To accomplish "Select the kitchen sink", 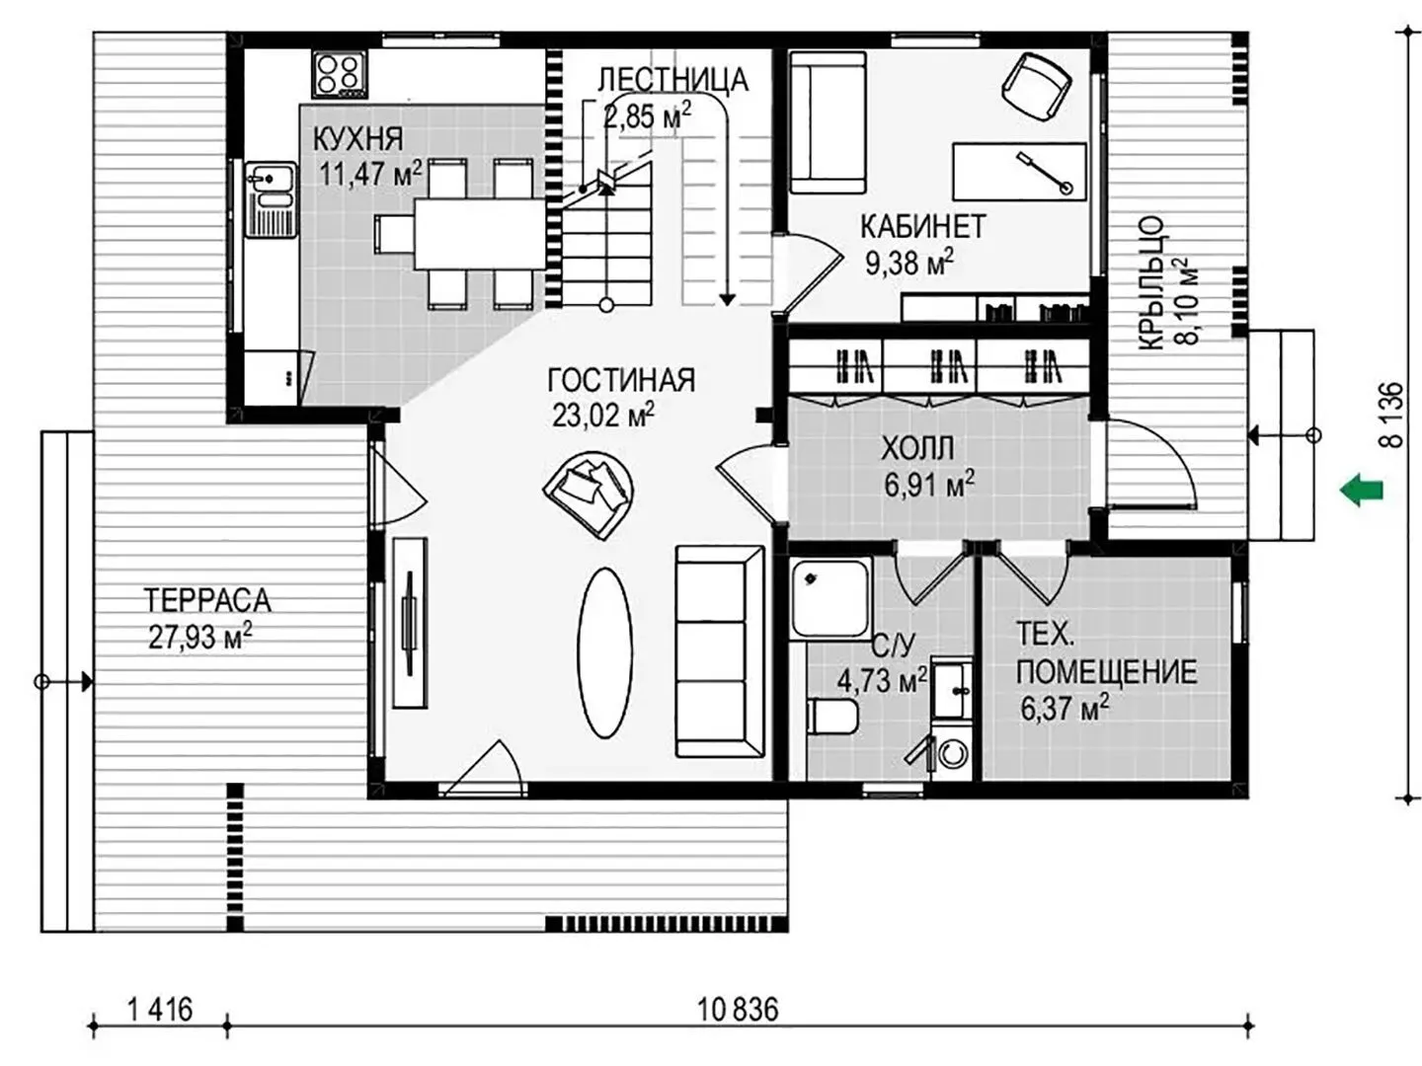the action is click(271, 199).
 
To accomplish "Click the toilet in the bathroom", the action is click(832, 716).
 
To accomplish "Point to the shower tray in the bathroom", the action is click(829, 599).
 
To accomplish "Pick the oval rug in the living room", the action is click(604, 652).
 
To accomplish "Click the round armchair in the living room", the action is click(589, 495).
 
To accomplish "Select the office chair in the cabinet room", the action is click(1037, 86).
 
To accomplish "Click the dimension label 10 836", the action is click(738, 1010).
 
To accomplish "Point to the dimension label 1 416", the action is click(160, 1010).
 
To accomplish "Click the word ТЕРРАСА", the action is click(206, 600).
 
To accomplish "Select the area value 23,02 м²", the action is click(603, 415).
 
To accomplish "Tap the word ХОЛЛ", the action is click(917, 448).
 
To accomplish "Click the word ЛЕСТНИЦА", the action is click(672, 80).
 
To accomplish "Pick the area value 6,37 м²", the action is click(1066, 708).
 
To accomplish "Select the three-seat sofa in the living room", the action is click(720, 651).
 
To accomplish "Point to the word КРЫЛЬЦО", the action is click(1151, 283).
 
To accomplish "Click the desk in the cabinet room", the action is click(1019, 172).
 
